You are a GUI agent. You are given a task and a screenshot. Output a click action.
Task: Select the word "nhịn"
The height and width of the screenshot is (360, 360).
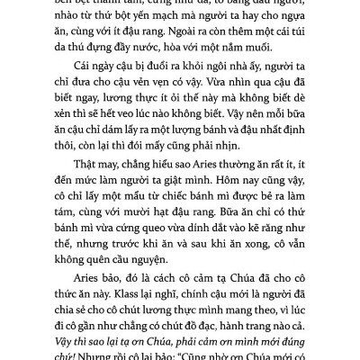pyautogui.click(x=248, y=168)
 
